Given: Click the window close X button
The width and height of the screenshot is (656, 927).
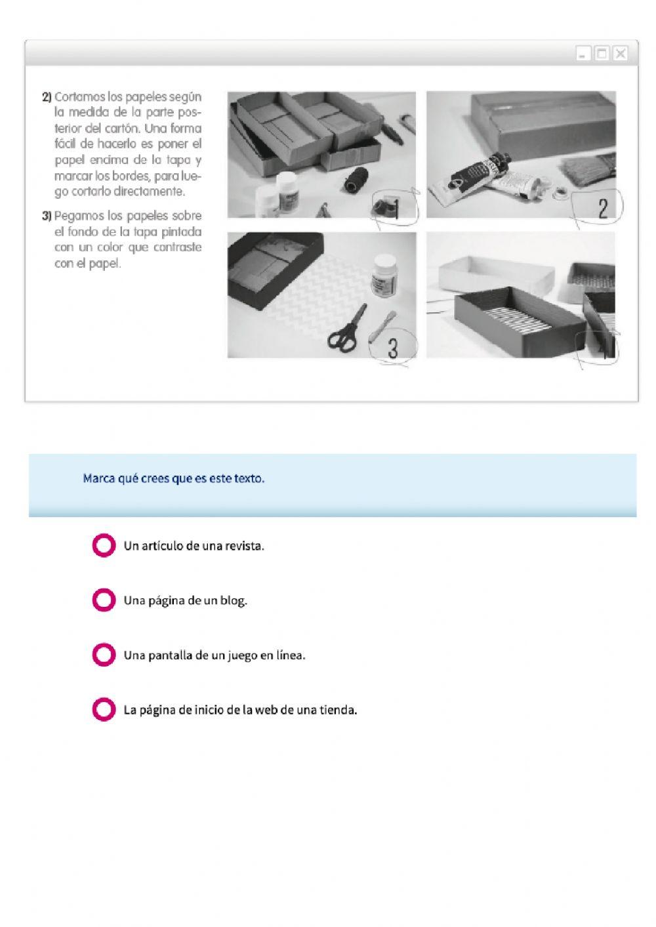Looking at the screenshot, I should (619, 54).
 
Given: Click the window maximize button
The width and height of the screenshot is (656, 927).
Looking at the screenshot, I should (602, 54).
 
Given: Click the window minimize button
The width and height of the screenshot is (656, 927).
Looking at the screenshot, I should (583, 54).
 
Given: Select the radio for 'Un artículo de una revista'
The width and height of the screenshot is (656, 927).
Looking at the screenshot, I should (104, 545).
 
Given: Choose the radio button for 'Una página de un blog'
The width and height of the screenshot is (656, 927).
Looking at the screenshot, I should (104, 600).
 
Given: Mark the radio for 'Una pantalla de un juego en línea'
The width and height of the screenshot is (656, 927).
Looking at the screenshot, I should (104, 655).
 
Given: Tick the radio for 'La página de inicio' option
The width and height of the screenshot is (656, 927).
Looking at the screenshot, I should (104, 709).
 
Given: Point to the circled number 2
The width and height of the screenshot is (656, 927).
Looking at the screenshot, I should (602, 208).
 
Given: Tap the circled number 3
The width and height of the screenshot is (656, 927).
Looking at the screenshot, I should (392, 348).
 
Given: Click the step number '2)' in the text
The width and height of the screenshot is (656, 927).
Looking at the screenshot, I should (47, 97).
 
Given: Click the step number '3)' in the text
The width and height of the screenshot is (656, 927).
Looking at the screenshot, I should (47, 216).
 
